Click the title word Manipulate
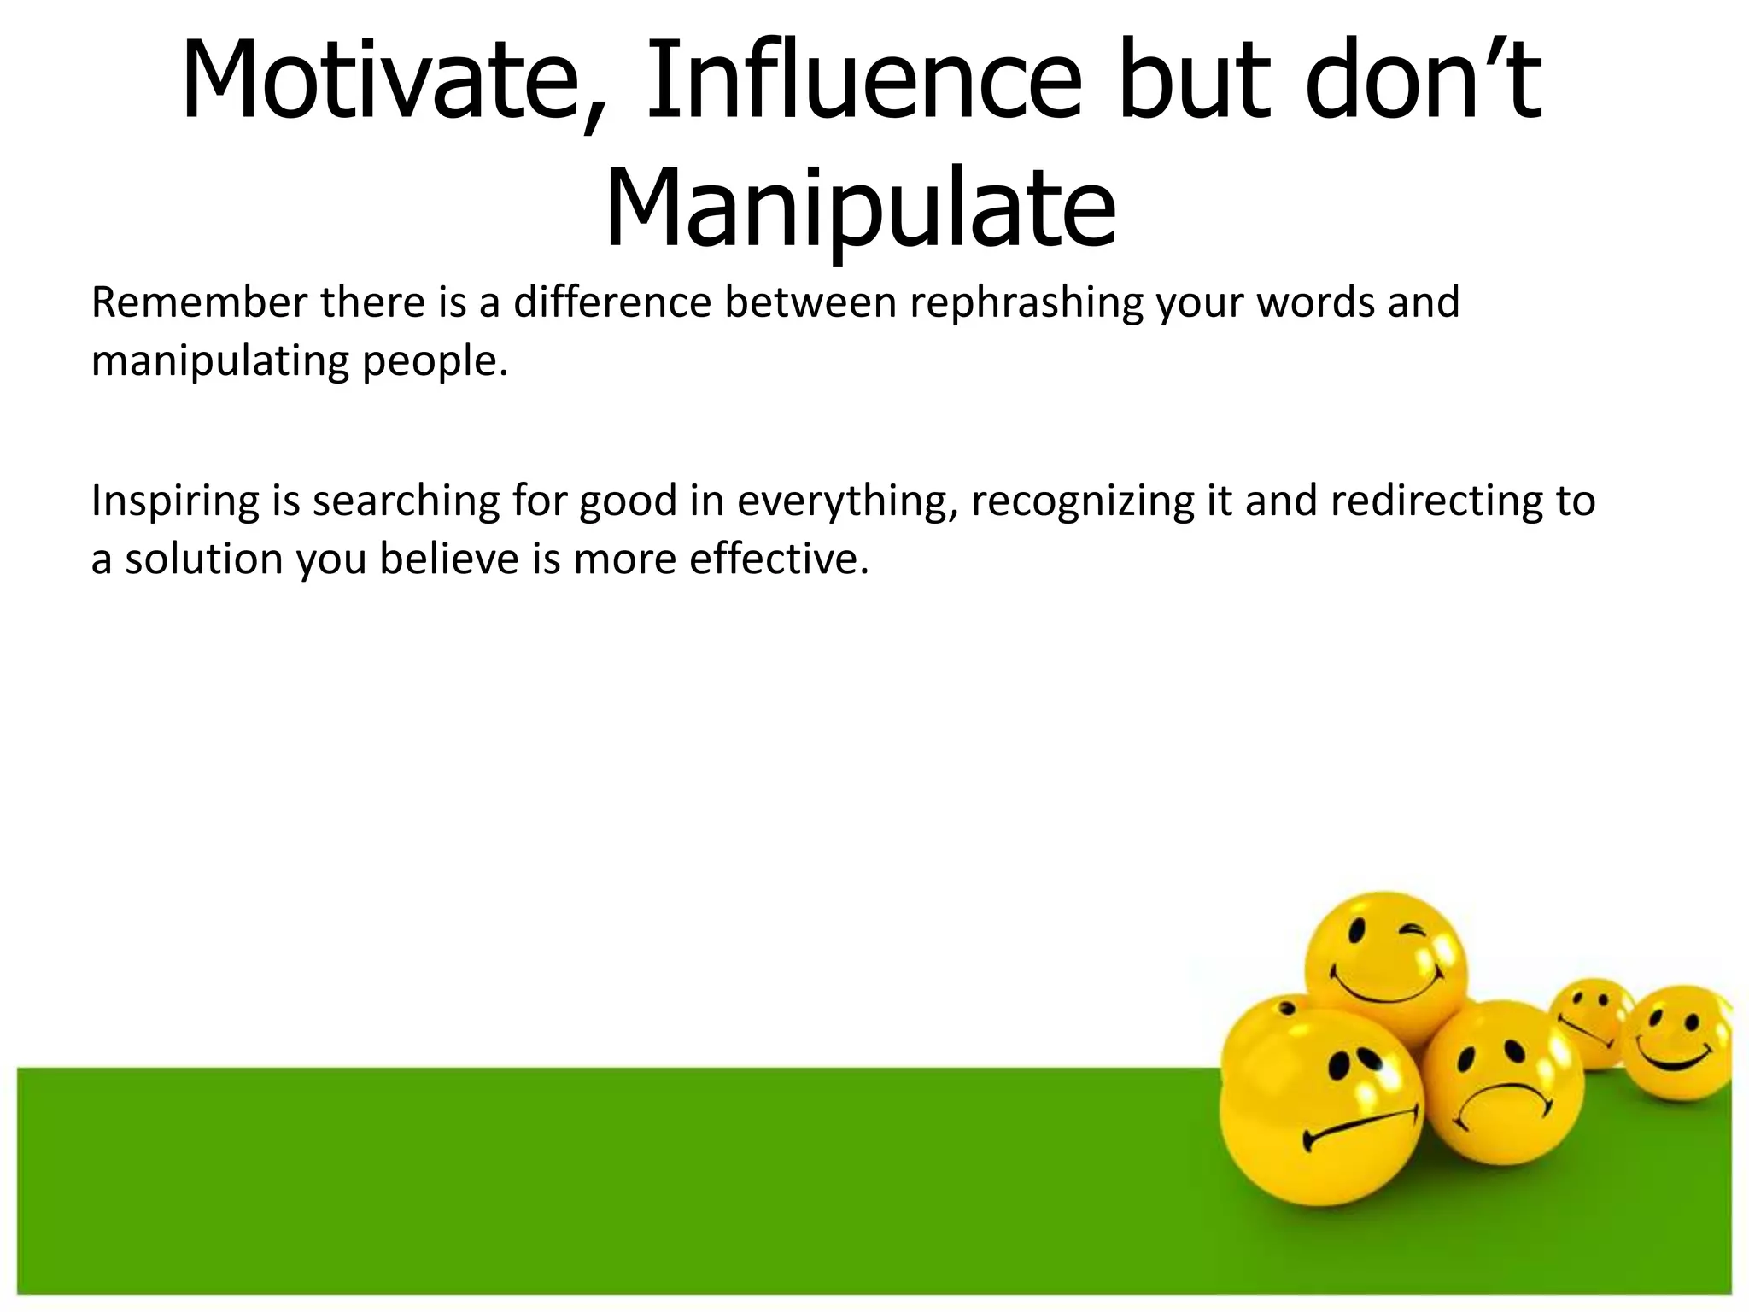pos(860,209)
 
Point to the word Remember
pos(199,302)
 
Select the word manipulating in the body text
pos(219,361)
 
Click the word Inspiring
pos(175,501)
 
